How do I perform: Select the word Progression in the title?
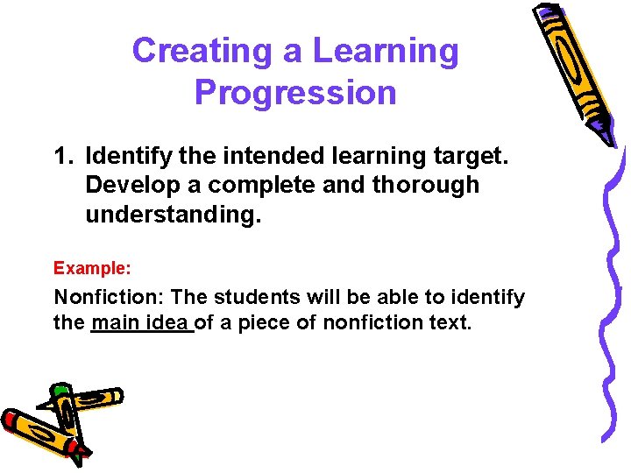click(x=295, y=92)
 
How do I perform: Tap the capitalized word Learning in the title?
click(x=386, y=52)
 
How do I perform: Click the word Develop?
click(x=124, y=186)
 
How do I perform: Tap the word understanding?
click(x=174, y=213)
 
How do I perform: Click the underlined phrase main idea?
click(x=141, y=323)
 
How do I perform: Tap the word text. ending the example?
click(x=449, y=323)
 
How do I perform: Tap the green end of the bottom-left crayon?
click(x=60, y=390)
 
